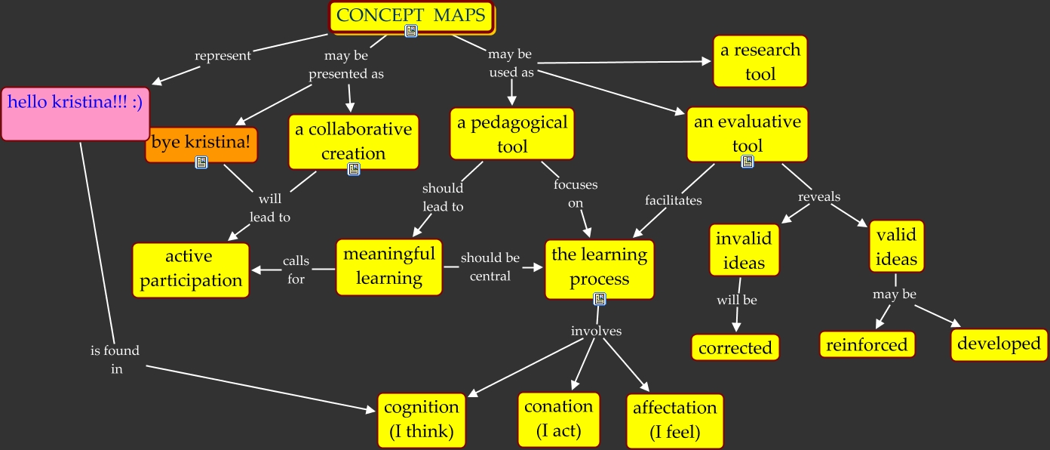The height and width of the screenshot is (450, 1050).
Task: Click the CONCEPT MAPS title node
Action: [x=411, y=16]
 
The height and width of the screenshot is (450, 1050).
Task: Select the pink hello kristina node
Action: [x=75, y=113]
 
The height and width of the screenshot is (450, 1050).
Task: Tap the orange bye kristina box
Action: [x=201, y=142]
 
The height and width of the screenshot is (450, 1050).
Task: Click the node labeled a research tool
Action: [x=760, y=62]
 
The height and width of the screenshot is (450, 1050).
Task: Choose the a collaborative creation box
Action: [x=353, y=141]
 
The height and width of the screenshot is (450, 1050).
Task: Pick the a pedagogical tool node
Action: [x=512, y=134]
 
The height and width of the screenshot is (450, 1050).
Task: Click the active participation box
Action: [x=191, y=270]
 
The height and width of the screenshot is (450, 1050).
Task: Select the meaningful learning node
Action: [x=388, y=266]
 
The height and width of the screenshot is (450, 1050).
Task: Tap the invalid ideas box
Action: [x=744, y=251]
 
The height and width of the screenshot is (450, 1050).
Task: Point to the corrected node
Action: [x=735, y=348]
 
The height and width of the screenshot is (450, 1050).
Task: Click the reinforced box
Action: [x=867, y=345]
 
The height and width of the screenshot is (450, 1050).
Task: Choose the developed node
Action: [x=999, y=344]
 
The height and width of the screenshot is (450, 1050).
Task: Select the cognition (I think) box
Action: [x=421, y=420]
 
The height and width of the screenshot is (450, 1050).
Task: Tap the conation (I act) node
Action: [x=558, y=419]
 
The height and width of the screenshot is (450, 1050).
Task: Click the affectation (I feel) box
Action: [x=674, y=420]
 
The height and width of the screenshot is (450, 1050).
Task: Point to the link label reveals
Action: [x=819, y=197]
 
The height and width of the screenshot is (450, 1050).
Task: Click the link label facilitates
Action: [x=673, y=201]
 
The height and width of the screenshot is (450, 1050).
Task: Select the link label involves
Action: [x=596, y=331]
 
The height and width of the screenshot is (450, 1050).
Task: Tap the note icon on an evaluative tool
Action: [x=748, y=162]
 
